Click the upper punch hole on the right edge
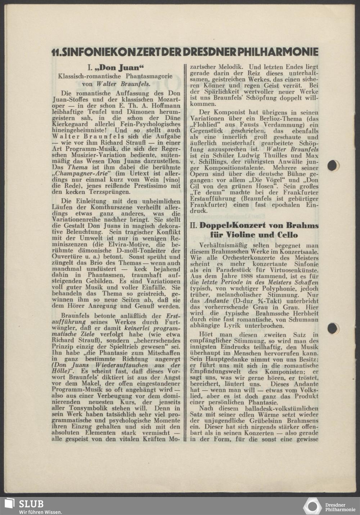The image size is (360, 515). [x=333, y=166]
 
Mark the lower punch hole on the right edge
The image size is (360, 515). [x=333, y=328]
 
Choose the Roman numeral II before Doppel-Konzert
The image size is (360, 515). [x=193, y=225]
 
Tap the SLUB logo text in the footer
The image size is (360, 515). [x=31, y=504]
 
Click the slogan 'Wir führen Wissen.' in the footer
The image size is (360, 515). [x=40, y=512]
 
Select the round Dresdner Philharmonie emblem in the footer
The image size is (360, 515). [x=312, y=506]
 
